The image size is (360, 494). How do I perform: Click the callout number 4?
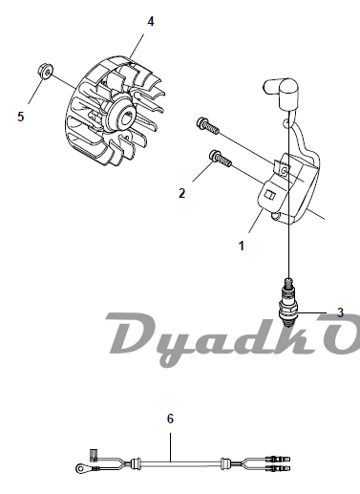point(151,22)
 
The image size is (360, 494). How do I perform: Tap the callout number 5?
point(21,117)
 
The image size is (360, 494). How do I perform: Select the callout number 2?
point(181,193)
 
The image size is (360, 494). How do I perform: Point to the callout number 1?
point(242,246)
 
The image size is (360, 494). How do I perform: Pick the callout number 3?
point(341,312)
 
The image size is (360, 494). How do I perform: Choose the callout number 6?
point(170,419)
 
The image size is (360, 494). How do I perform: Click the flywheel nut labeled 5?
point(46,71)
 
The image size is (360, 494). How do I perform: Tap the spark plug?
point(288,301)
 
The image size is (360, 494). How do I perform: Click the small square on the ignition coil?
point(271,195)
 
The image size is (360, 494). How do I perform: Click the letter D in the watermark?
point(131,333)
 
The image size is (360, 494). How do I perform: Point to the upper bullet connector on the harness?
point(278,459)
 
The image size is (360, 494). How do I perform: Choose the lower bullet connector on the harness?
point(278,468)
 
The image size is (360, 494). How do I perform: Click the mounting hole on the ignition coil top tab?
point(285,171)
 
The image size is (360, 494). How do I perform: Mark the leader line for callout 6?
point(170,447)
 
